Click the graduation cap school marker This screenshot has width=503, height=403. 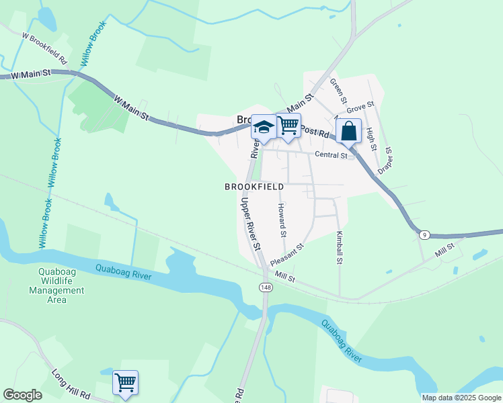click(264, 128)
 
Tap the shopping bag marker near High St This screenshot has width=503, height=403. click(349, 131)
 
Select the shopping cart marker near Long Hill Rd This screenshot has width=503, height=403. click(125, 383)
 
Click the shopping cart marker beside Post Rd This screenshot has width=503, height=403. click(288, 125)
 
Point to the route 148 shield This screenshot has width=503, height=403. click(266, 287)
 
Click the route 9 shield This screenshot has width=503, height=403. click(424, 234)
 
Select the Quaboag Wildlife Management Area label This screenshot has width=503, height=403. click(57, 286)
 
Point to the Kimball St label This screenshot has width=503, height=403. click(340, 247)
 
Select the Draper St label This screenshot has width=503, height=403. click(385, 161)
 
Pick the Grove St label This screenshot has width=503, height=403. click(360, 106)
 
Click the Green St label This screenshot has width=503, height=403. click(338, 91)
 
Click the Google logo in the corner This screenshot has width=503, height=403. click(23, 395)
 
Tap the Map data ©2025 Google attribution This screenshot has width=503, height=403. click(461, 398)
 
